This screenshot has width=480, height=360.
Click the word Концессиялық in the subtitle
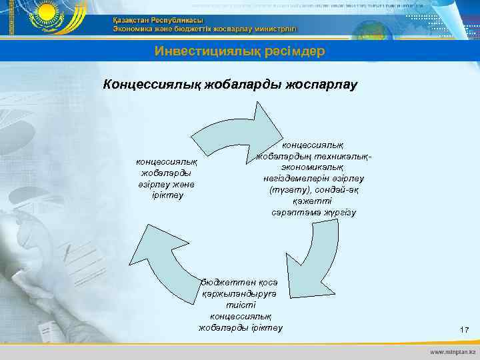[145, 85]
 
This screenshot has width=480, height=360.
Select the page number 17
[465, 330]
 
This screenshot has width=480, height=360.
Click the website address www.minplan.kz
[453, 350]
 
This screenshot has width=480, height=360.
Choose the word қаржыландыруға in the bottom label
[241, 293]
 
